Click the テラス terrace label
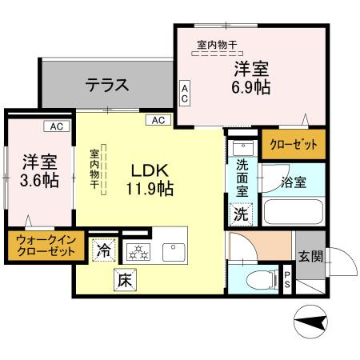click(x=107, y=82)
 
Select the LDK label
click(x=149, y=170)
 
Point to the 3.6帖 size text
click(x=38, y=178)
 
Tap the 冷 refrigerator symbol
click(x=104, y=250)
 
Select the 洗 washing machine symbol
click(x=241, y=214)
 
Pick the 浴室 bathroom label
click(x=293, y=182)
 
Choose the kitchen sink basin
click(x=174, y=250)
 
